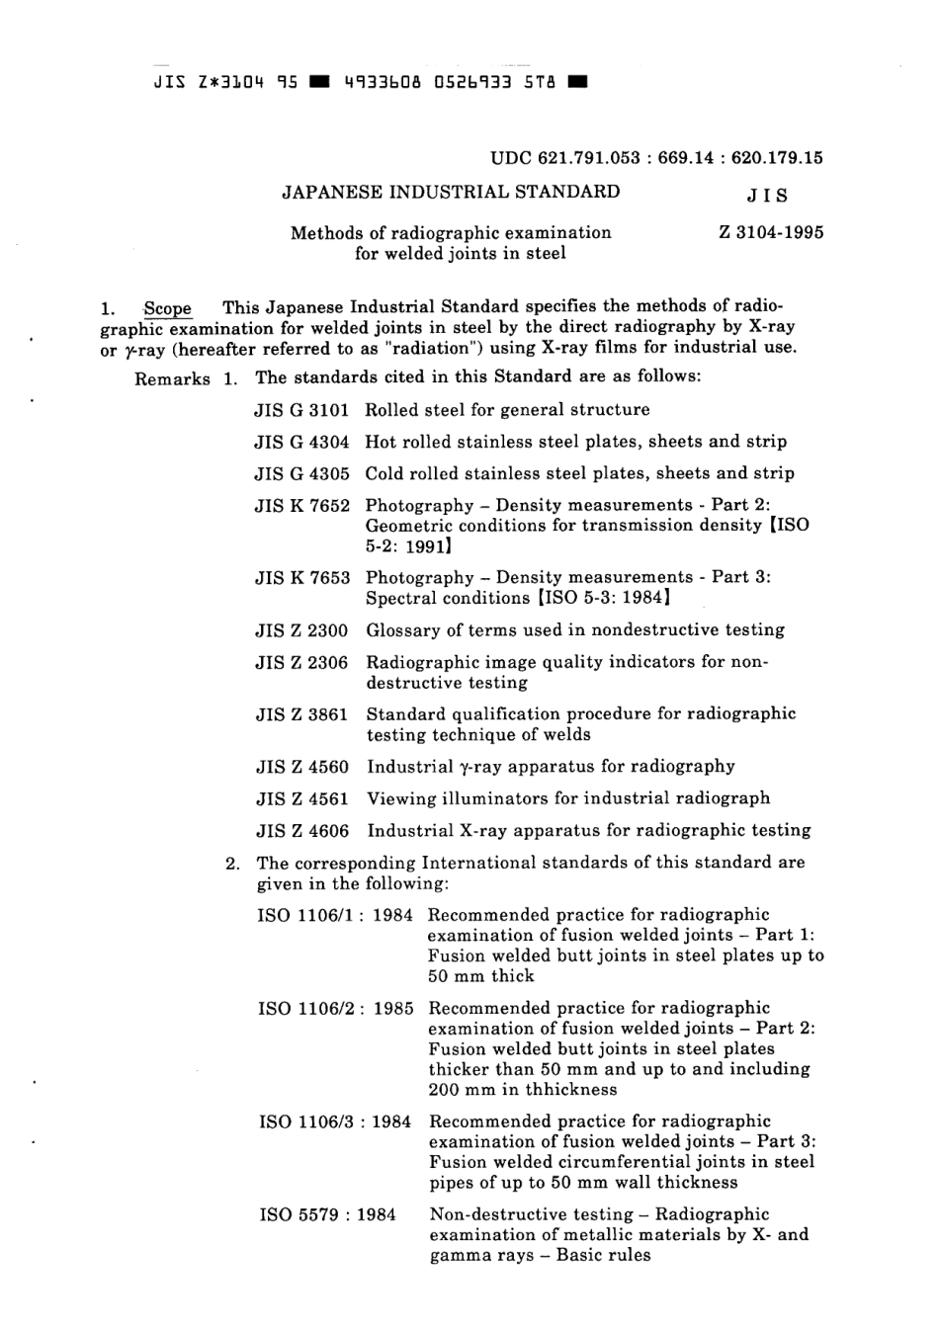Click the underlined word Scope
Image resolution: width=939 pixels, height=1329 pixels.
pyautogui.click(x=167, y=308)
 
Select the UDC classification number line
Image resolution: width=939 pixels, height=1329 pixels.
pyautogui.click(x=656, y=158)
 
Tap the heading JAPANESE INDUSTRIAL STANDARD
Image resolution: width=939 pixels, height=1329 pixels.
pyautogui.click(x=451, y=192)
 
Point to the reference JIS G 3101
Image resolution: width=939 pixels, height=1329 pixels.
pyautogui.click(x=301, y=410)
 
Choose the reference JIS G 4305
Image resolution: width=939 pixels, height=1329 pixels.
pyautogui.click(x=301, y=473)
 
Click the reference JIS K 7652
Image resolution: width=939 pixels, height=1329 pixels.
pyautogui.click(x=301, y=506)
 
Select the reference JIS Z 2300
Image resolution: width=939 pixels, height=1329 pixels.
pyautogui.click(x=301, y=630)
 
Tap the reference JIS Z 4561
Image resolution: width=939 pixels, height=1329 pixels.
pyautogui.click(x=301, y=798)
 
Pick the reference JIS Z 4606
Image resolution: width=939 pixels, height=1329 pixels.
pyautogui.click(x=301, y=831)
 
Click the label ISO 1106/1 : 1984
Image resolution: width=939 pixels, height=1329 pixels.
pyautogui.click(x=335, y=915)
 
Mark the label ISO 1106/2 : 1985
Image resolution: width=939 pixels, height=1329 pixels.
pyautogui.click(x=335, y=1009)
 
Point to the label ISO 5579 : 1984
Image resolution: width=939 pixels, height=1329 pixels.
pyautogui.click(x=327, y=1214)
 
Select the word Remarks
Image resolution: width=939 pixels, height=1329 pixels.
pyautogui.click(x=172, y=378)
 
